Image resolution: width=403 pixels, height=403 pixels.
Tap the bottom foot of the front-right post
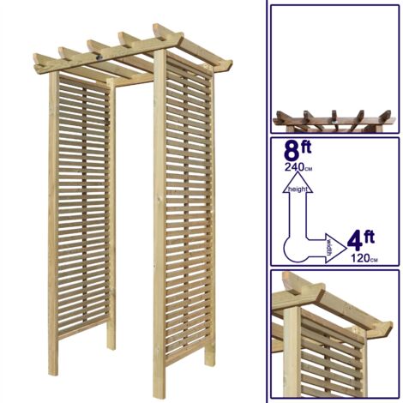pyautogui.click(x=160, y=394)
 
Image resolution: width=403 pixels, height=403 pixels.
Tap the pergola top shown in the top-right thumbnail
pyautogui.click(x=335, y=120)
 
